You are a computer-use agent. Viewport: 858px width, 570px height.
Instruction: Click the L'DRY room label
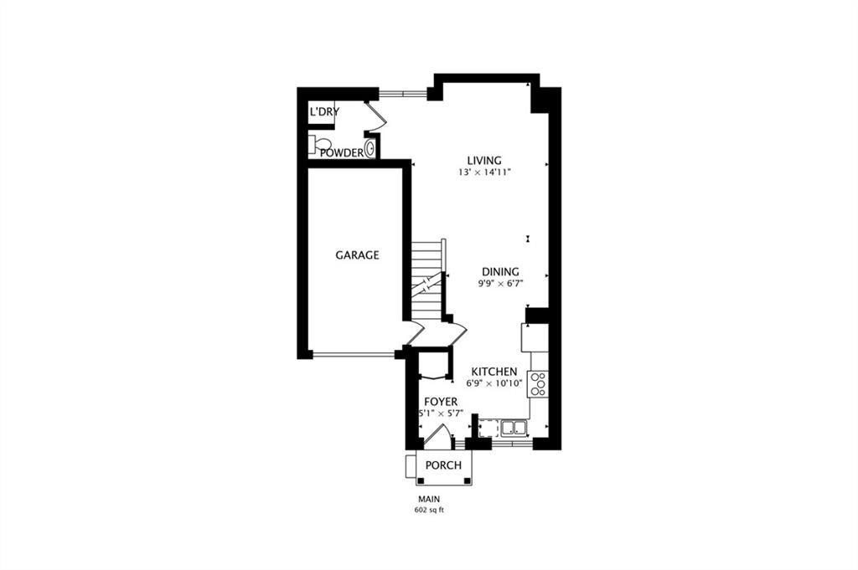pyautogui.click(x=323, y=112)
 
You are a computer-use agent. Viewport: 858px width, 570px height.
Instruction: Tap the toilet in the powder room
pyautogui.click(x=320, y=145)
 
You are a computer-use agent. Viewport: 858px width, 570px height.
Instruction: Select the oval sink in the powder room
pyautogui.click(x=370, y=149)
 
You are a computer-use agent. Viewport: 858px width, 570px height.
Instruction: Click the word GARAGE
pyautogui.click(x=357, y=255)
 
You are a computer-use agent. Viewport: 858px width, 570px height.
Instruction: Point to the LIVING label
pyautogui.click(x=484, y=161)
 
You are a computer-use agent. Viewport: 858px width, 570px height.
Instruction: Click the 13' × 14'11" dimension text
pyautogui.click(x=484, y=172)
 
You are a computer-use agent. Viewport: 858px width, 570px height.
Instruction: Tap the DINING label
pyautogui.click(x=500, y=272)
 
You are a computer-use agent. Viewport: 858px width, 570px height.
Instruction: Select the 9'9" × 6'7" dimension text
pyautogui.click(x=499, y=284)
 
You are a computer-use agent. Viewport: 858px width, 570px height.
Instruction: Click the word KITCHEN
pyautogui.click(x=494, y=372)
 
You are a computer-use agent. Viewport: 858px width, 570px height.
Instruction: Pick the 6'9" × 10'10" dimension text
pyautogui.click(x=494, y=383)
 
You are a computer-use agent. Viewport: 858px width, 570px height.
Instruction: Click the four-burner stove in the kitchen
pyautogui.click(x=538, y=383)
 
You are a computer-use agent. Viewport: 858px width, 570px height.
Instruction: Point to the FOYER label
pyautogui.click(x=440, y=403)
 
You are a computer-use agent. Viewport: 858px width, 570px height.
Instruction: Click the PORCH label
pyautogui.click(x=443, y=465)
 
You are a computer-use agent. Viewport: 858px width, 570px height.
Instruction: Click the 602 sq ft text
pyautogui.click(x=428, y=510)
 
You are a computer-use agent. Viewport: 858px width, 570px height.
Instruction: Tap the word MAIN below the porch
pyautogui.click(x=428, y=499)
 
